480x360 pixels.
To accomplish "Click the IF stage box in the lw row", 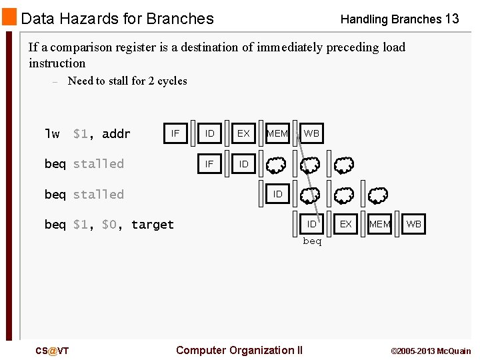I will click(175, 133).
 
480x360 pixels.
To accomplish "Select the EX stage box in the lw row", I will click(243, 133).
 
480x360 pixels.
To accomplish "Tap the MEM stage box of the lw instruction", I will click(277, 133).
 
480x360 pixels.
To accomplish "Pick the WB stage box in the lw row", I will click(311, 133).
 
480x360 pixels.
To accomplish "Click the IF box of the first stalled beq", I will click(209, 164).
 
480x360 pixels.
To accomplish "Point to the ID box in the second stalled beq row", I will click(277, 194).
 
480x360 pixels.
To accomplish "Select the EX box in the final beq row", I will click(345, 225).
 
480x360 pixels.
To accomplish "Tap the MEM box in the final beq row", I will click(379, 225).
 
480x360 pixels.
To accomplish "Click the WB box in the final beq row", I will click(413, 225).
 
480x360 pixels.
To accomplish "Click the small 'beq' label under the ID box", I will click(312, 241).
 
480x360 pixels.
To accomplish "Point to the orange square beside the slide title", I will click(9, 17).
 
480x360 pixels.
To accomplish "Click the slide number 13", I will click(452, 19).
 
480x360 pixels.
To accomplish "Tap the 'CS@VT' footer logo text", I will click(52, 351).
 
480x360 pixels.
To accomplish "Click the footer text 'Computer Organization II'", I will click(239, 350).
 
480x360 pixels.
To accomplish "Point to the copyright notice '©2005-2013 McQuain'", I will click(430, 351).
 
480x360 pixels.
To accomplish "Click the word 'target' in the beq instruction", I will click(152, 225).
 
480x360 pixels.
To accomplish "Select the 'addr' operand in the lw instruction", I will click(116, 134).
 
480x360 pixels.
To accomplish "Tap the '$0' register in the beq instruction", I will click(111, 225).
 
